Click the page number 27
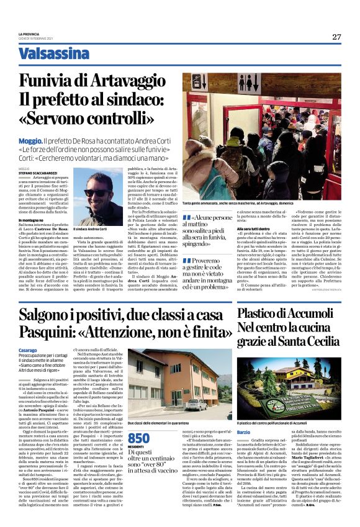[336, 37]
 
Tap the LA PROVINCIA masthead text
[28, 34]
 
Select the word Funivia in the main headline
[50, 81]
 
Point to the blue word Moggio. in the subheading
[30, 142]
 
